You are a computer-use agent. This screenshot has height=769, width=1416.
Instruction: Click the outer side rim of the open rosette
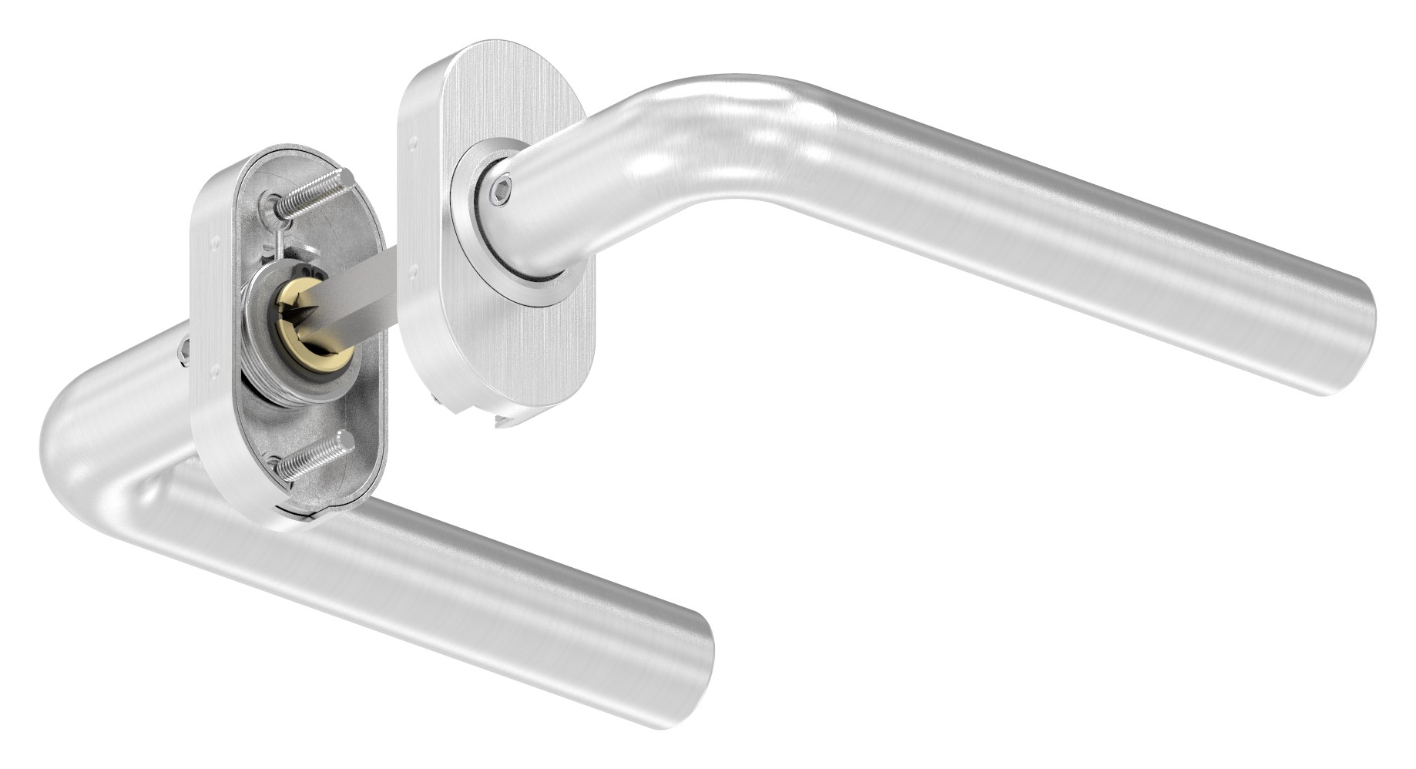click(204, 347)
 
